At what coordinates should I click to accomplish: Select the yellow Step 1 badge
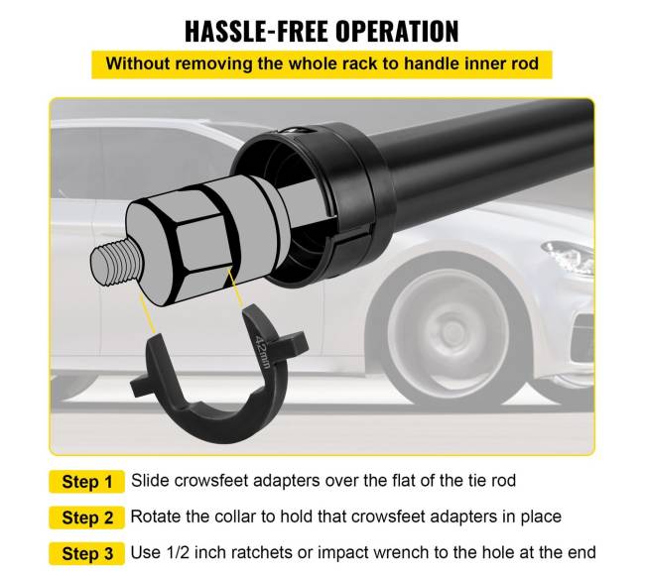pos(86,482)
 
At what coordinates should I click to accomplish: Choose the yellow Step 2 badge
pos(86,518)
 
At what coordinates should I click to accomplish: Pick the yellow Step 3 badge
pos(86,553)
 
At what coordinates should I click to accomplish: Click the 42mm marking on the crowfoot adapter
pos(262,352)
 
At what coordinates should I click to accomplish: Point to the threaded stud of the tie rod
pos(116,264)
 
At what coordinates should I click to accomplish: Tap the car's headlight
pos(570,256)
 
